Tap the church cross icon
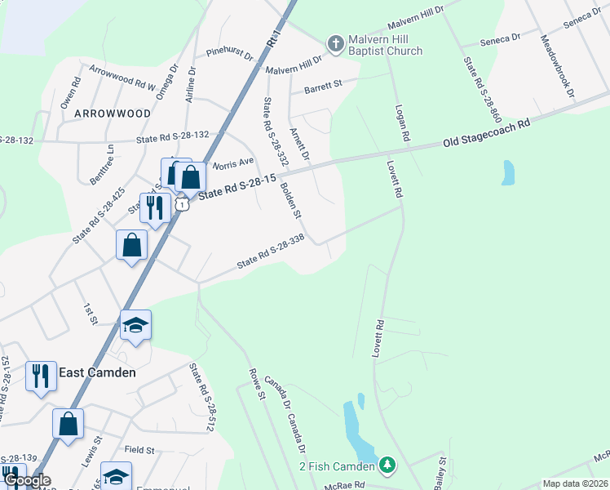tap(334, 42)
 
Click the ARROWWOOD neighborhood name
tap(113, 114)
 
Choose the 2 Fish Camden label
tap(336, 466)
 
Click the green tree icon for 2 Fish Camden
tap(388, 465)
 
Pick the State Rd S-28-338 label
tap(270, 252)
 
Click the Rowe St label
tap(257, 384)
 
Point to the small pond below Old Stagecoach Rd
tap(509, 172)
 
